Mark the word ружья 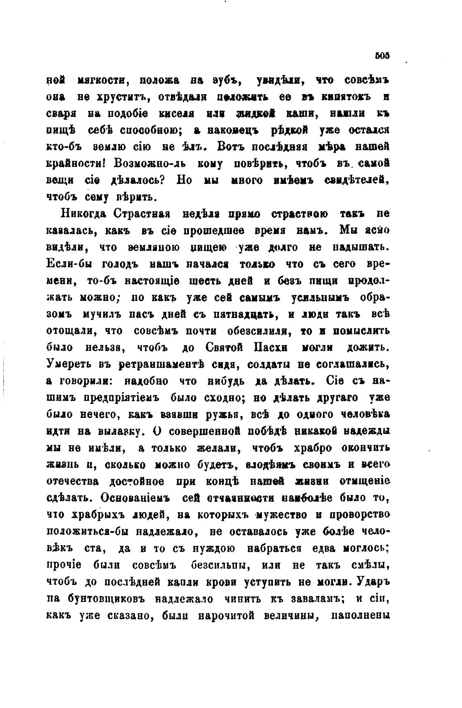(x=226, y=415)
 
